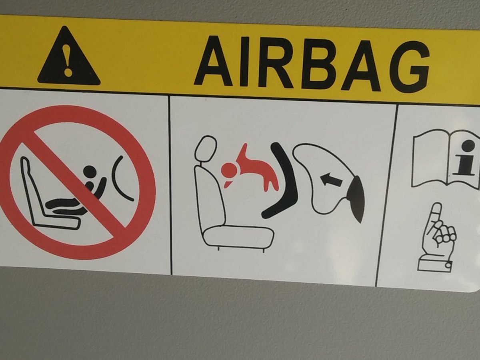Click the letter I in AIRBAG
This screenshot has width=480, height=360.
click(244, 62)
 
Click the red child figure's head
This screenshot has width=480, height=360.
click(228, 170)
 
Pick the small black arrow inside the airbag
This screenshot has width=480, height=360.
click(332, 180)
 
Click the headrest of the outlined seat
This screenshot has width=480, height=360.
click(206, 149)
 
